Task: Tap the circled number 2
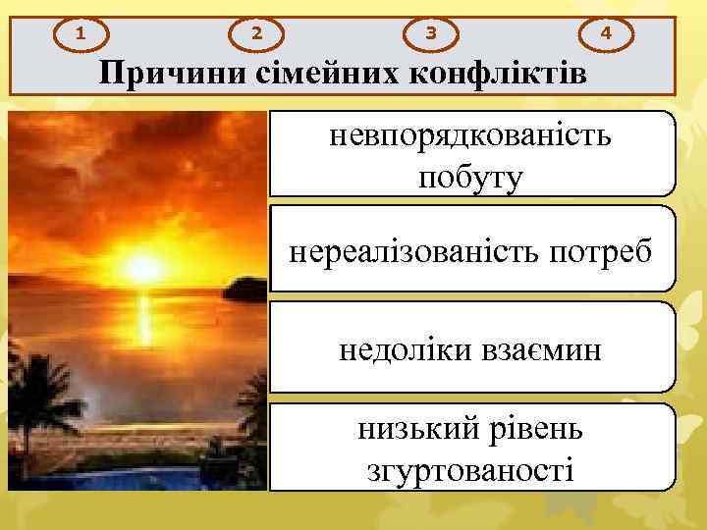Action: tap(256, 33)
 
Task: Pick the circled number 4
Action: tap(607, 33)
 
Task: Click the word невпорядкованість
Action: tap(470, 136)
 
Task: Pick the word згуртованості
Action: tap(470, 469)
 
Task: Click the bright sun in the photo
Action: tap(143, 266)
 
